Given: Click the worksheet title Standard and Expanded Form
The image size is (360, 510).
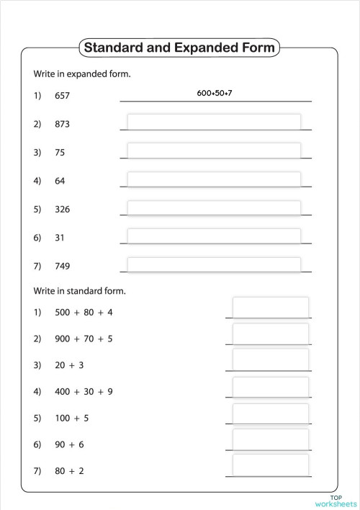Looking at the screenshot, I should [179, 48].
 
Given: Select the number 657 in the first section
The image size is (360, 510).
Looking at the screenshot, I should [62, 95].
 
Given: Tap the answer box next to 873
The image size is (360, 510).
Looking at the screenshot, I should [214, 122].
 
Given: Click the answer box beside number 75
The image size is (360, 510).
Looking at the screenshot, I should [214, 151].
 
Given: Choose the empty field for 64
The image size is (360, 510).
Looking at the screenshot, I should [214, 180].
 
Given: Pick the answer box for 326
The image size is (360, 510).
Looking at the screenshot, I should [214, 209].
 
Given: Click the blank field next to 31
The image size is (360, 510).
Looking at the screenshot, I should [214, 237].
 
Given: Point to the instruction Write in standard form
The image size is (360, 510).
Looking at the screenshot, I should [80, 292].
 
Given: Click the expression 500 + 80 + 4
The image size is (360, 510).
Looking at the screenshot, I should [84, 312].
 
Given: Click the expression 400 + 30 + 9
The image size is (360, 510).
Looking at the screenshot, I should [84, 392].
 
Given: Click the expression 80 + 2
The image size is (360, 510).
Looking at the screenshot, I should [69, 470].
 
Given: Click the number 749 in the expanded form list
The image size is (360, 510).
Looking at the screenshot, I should [62, 266].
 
